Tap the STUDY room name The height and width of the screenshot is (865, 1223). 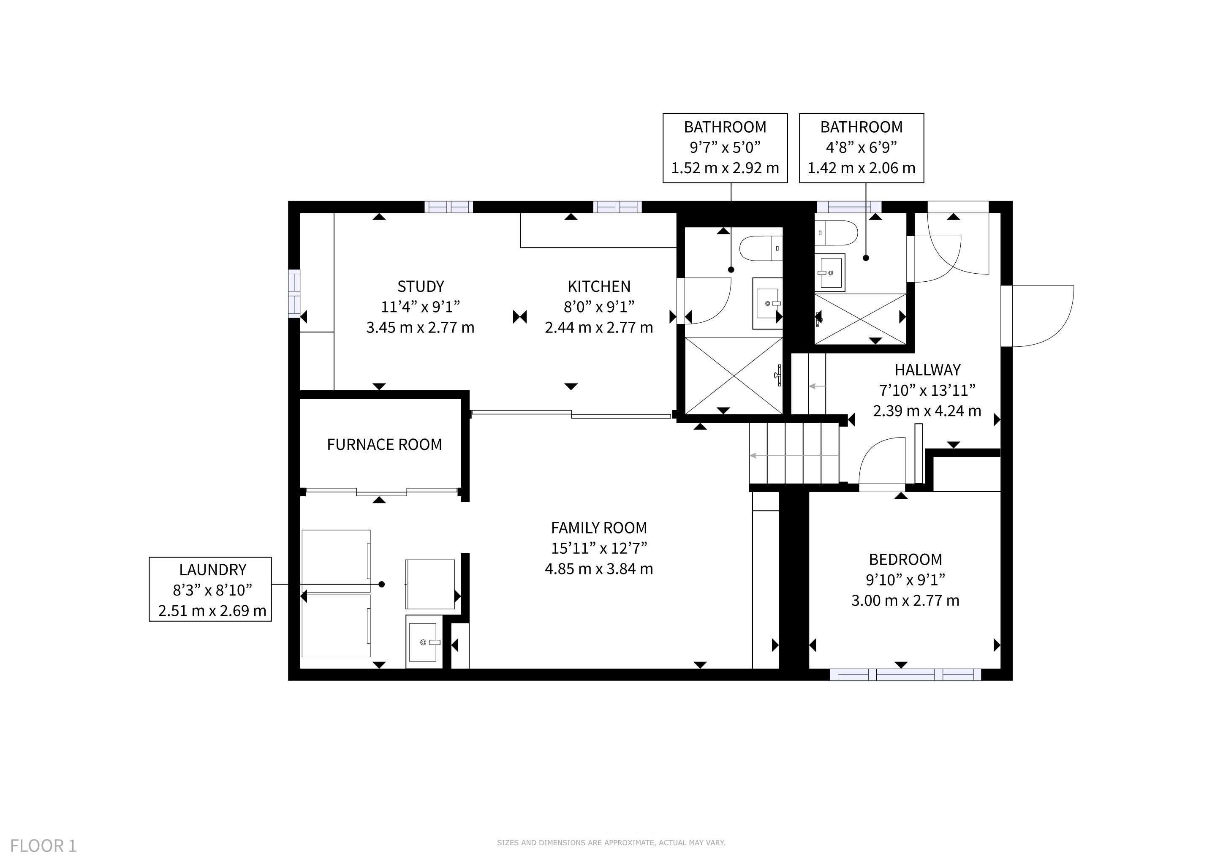(x=420, y=286)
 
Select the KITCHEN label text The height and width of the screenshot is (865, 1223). (x=599, y=286)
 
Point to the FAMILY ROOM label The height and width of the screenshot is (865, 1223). (x=599, y=528)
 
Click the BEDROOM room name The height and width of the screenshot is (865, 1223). (x=905, y=559)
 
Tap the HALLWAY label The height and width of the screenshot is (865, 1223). (x=927, y=370)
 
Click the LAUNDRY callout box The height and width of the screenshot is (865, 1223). (x=210, y=589)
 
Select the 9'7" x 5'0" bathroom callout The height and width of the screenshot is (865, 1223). (x=725, y=148)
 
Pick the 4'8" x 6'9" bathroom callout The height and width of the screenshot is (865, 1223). (x=862, y=148)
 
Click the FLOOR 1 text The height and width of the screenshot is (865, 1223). (x=43, y=846)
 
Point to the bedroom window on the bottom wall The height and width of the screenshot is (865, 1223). (x=905, y=675)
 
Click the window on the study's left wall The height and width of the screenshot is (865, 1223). (x=294, y=294)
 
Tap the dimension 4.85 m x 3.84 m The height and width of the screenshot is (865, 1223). (x=599, y=569)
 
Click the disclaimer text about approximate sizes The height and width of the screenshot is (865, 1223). (x=611, y=842)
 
